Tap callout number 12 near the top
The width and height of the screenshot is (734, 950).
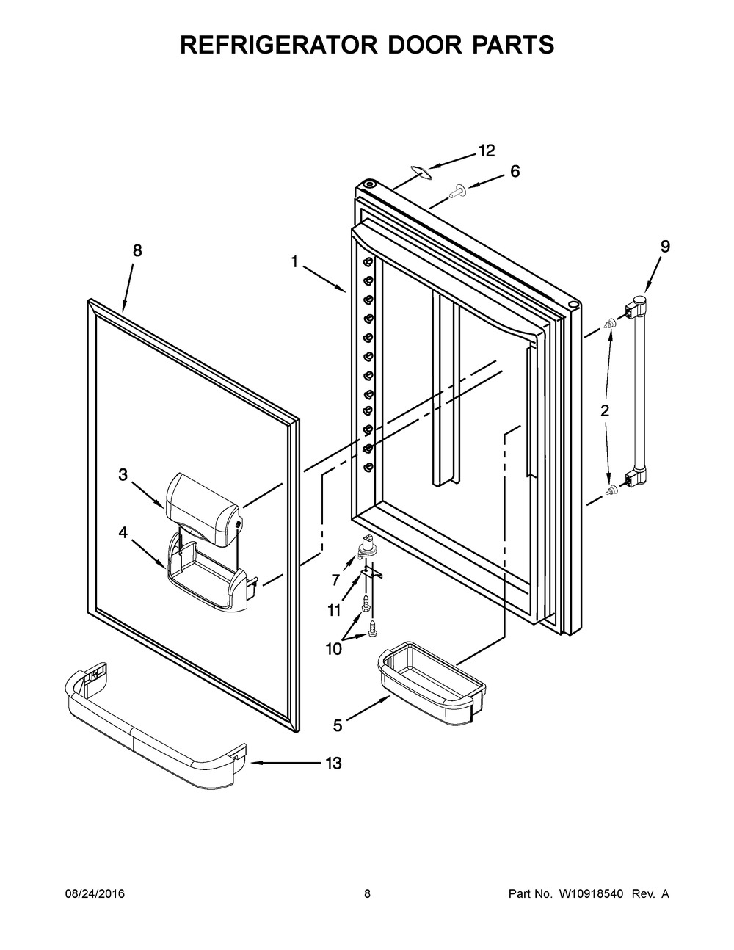coord(487,151)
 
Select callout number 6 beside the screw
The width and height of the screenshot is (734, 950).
coord(515,172)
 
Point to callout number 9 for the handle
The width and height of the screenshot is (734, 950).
coord(664,247)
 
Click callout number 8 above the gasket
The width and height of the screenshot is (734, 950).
coord(137,250)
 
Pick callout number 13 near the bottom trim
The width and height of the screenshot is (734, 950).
coord(333,764)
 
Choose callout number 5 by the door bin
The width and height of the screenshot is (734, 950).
coord(338,725)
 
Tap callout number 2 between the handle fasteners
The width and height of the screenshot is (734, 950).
coord(605,411)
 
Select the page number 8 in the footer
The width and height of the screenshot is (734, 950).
coord(367,894)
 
